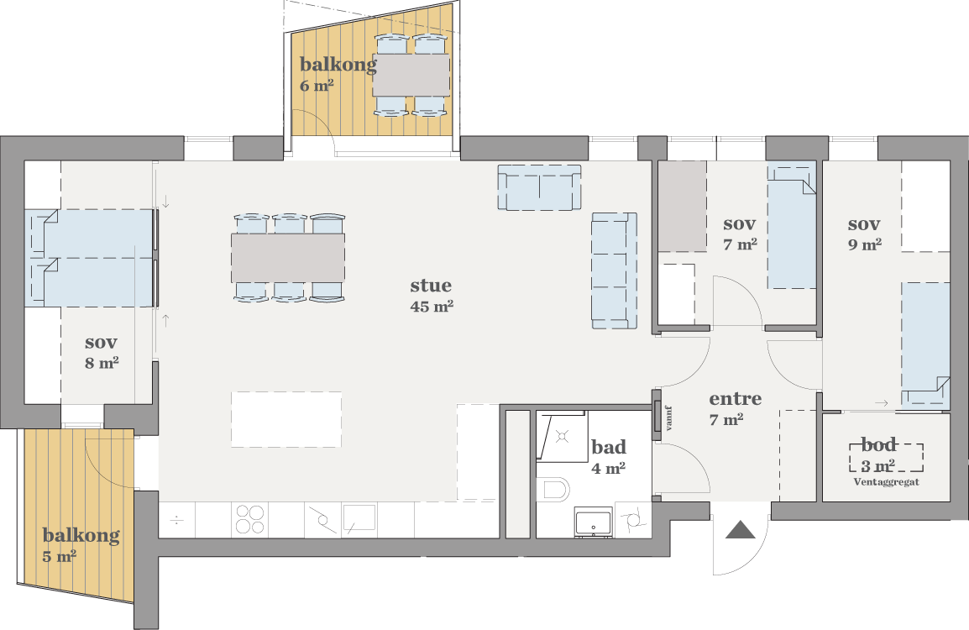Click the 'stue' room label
point(431,286)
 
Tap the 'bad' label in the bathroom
point(609,446)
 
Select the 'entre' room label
point(736,399)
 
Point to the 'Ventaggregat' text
point(886,481)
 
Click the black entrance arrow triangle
point(741,530)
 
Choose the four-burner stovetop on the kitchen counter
point(250,519)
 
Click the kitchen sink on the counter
point(359,518)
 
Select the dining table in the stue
point(289,258)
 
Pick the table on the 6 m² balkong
point(411,75)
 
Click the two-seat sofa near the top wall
point(540,187)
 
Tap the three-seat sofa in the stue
point(615,270)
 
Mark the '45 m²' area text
point(432,306)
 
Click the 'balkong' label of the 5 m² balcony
point(81,535)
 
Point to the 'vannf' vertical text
point(668,417)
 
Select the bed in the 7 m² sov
point(793,226)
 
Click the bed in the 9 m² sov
point(925,345)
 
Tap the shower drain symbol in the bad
point(562,437)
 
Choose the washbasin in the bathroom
point(594,523)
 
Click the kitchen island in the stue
point(286,419)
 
